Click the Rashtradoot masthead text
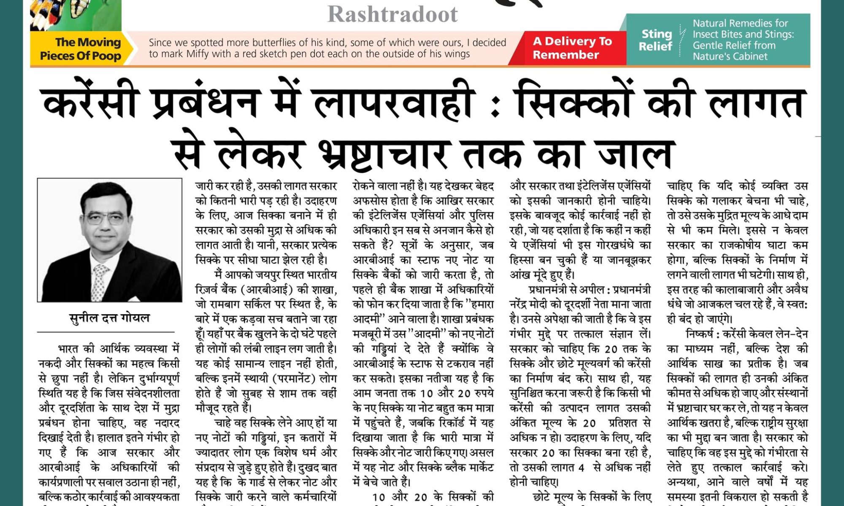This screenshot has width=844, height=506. point(392,14)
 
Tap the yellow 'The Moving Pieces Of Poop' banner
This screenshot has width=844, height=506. point(80,49)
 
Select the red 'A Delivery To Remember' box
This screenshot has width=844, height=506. point(572,48)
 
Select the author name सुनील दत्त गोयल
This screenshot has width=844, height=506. point(109,318)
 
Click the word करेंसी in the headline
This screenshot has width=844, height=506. point(91,103)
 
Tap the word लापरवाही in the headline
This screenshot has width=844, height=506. point(395,103)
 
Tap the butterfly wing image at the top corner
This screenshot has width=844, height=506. point(76,15)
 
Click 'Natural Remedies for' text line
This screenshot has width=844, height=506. point(740,23)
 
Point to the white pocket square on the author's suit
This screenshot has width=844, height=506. point(134,298)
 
